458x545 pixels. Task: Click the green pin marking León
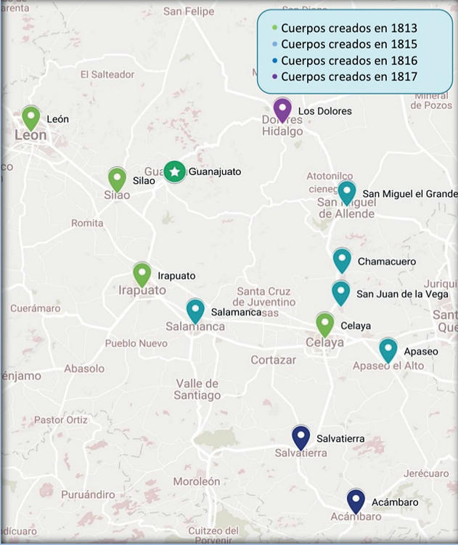click(30, 117)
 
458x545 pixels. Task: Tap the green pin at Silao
click(117, 179)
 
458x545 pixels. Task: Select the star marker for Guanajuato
click(174, 171)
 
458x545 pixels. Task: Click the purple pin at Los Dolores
click(282, 110)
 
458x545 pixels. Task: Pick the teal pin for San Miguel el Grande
click(347, 193)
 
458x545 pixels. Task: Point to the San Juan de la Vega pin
click(340, 293)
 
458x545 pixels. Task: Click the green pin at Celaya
click(325, 324)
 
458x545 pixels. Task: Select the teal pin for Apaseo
click(388, 350)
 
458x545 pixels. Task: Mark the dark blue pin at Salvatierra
click(300, 437)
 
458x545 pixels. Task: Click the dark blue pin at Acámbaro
click(355, 500)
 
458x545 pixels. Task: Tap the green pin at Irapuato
click(142, 274)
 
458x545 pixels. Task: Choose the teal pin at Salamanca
click(195, 310)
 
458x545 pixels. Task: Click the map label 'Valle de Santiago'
click(198, 389)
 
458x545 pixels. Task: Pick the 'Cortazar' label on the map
click(274, 360)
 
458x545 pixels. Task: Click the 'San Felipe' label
click(189, 12)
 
